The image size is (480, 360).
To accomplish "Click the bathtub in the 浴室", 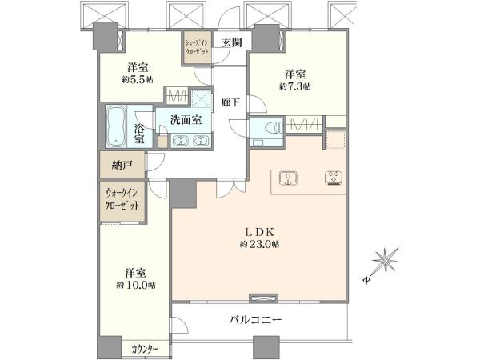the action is (116, 126).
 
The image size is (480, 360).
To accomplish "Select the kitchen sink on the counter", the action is (288, 178).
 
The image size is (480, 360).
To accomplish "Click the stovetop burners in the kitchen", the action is (334, 178).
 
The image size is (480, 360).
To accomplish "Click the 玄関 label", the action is (232, 42).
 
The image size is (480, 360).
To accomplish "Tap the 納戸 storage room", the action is (122, 166).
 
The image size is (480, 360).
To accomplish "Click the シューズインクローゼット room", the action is (198, 47).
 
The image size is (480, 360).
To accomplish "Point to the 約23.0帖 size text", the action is (259, 245).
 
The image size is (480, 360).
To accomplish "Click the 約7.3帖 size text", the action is (295, 86).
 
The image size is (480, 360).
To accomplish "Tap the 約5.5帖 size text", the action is (138, 80).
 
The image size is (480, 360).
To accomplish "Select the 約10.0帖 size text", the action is (136, 286).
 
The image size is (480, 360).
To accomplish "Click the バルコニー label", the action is (256, 321).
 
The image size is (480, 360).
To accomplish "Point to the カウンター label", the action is (145, 349).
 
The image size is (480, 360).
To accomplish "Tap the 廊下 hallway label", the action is (230, 102).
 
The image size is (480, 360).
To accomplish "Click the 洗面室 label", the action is (186, 120).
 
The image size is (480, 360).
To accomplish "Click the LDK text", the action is (259, 232).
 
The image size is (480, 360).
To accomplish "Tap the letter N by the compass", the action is (366, 280).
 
